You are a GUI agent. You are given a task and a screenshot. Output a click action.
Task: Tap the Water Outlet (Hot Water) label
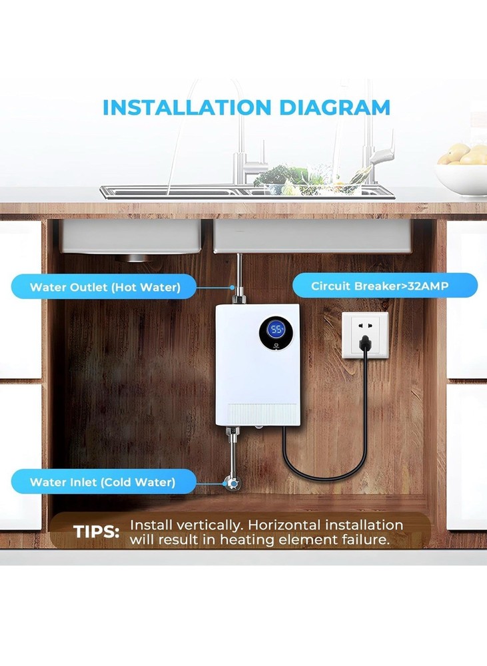pos(104,288)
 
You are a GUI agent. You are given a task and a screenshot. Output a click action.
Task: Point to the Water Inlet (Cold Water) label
pos(103,482)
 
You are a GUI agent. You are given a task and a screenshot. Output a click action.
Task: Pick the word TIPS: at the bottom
pos(97,532)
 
